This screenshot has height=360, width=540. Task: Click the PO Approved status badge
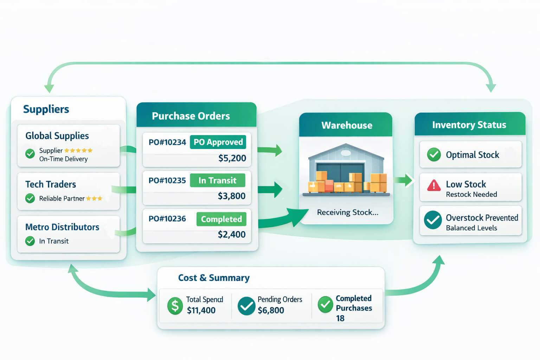(218, 142)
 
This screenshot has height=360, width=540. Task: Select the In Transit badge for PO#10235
(217, 180)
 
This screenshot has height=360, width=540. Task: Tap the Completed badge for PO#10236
(221, 219)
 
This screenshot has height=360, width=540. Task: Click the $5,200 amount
(232, 158)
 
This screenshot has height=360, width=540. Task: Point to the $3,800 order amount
(231, 196)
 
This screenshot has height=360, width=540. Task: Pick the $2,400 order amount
(231, 234)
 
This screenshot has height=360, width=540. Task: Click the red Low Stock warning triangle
(434, 185)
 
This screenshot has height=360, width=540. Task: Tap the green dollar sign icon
(175, 306)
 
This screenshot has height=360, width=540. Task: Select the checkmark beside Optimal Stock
(434, 155)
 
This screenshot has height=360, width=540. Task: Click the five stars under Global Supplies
(78, 150)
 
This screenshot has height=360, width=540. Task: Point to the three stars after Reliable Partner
(94, 199)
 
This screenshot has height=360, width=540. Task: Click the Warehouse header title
(347, 125)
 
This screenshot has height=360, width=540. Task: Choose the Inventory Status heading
(469, 125)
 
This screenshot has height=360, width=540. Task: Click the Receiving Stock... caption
(347, 212)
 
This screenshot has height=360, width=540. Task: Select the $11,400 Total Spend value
(201, 310)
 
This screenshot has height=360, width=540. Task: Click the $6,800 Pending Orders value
(271, 310)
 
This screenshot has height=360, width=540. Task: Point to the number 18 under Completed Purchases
(340, 319)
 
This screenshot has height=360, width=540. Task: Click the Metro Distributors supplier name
(62, 227)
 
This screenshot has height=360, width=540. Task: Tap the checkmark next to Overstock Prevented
(433, 220)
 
